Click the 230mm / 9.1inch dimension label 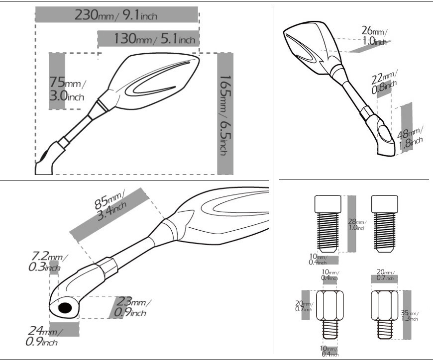(116, 15)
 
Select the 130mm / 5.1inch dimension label (155, 38)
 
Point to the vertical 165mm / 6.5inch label (225, 115)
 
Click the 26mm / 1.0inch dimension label (374, 36)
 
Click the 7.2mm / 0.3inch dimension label (47, 262)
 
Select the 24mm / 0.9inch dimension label (44, 336)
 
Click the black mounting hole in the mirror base (65, 308)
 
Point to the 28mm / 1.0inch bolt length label (357, 224)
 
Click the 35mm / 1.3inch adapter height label (410, 316)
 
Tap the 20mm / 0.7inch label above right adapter (386, 275)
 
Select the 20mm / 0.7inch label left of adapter (304, 306)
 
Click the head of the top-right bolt (385, 204)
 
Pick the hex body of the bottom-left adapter (329, 305)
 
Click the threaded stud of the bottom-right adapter (385, 329)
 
